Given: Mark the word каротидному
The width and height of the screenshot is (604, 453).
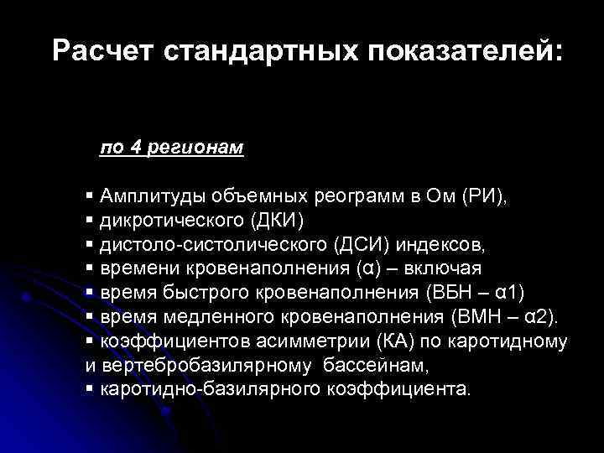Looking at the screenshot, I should coord(518,341).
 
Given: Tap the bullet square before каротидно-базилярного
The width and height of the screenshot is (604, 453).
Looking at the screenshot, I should coord(89,389).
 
